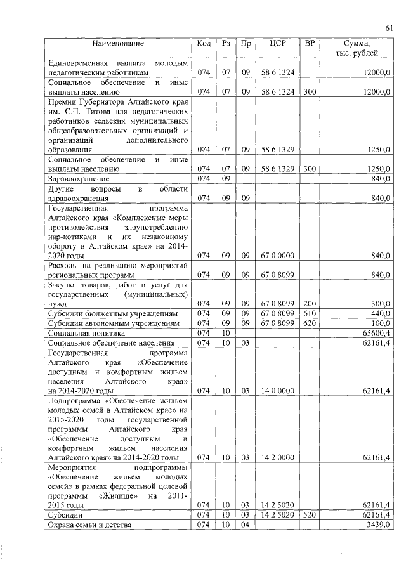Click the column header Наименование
pyautogui.click(x=118, y=44)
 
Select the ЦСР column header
pyautogui.click(x=278, y=44)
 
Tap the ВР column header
pyautogui.click(x=310, y=44)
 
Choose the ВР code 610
pyautogui.click(x=310, y=314)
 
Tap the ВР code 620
pyautogui.click(x=310, y=323)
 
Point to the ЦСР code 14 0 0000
pyautogui.click(x=278, y=390)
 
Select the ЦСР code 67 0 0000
pyautogui.click(x=278, y=256)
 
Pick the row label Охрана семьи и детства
pyautogui.click(x=89, y=526)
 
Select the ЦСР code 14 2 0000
pyautogui.click(x=278, y=457)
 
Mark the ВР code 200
pyautogui.click(x=310, y=304)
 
